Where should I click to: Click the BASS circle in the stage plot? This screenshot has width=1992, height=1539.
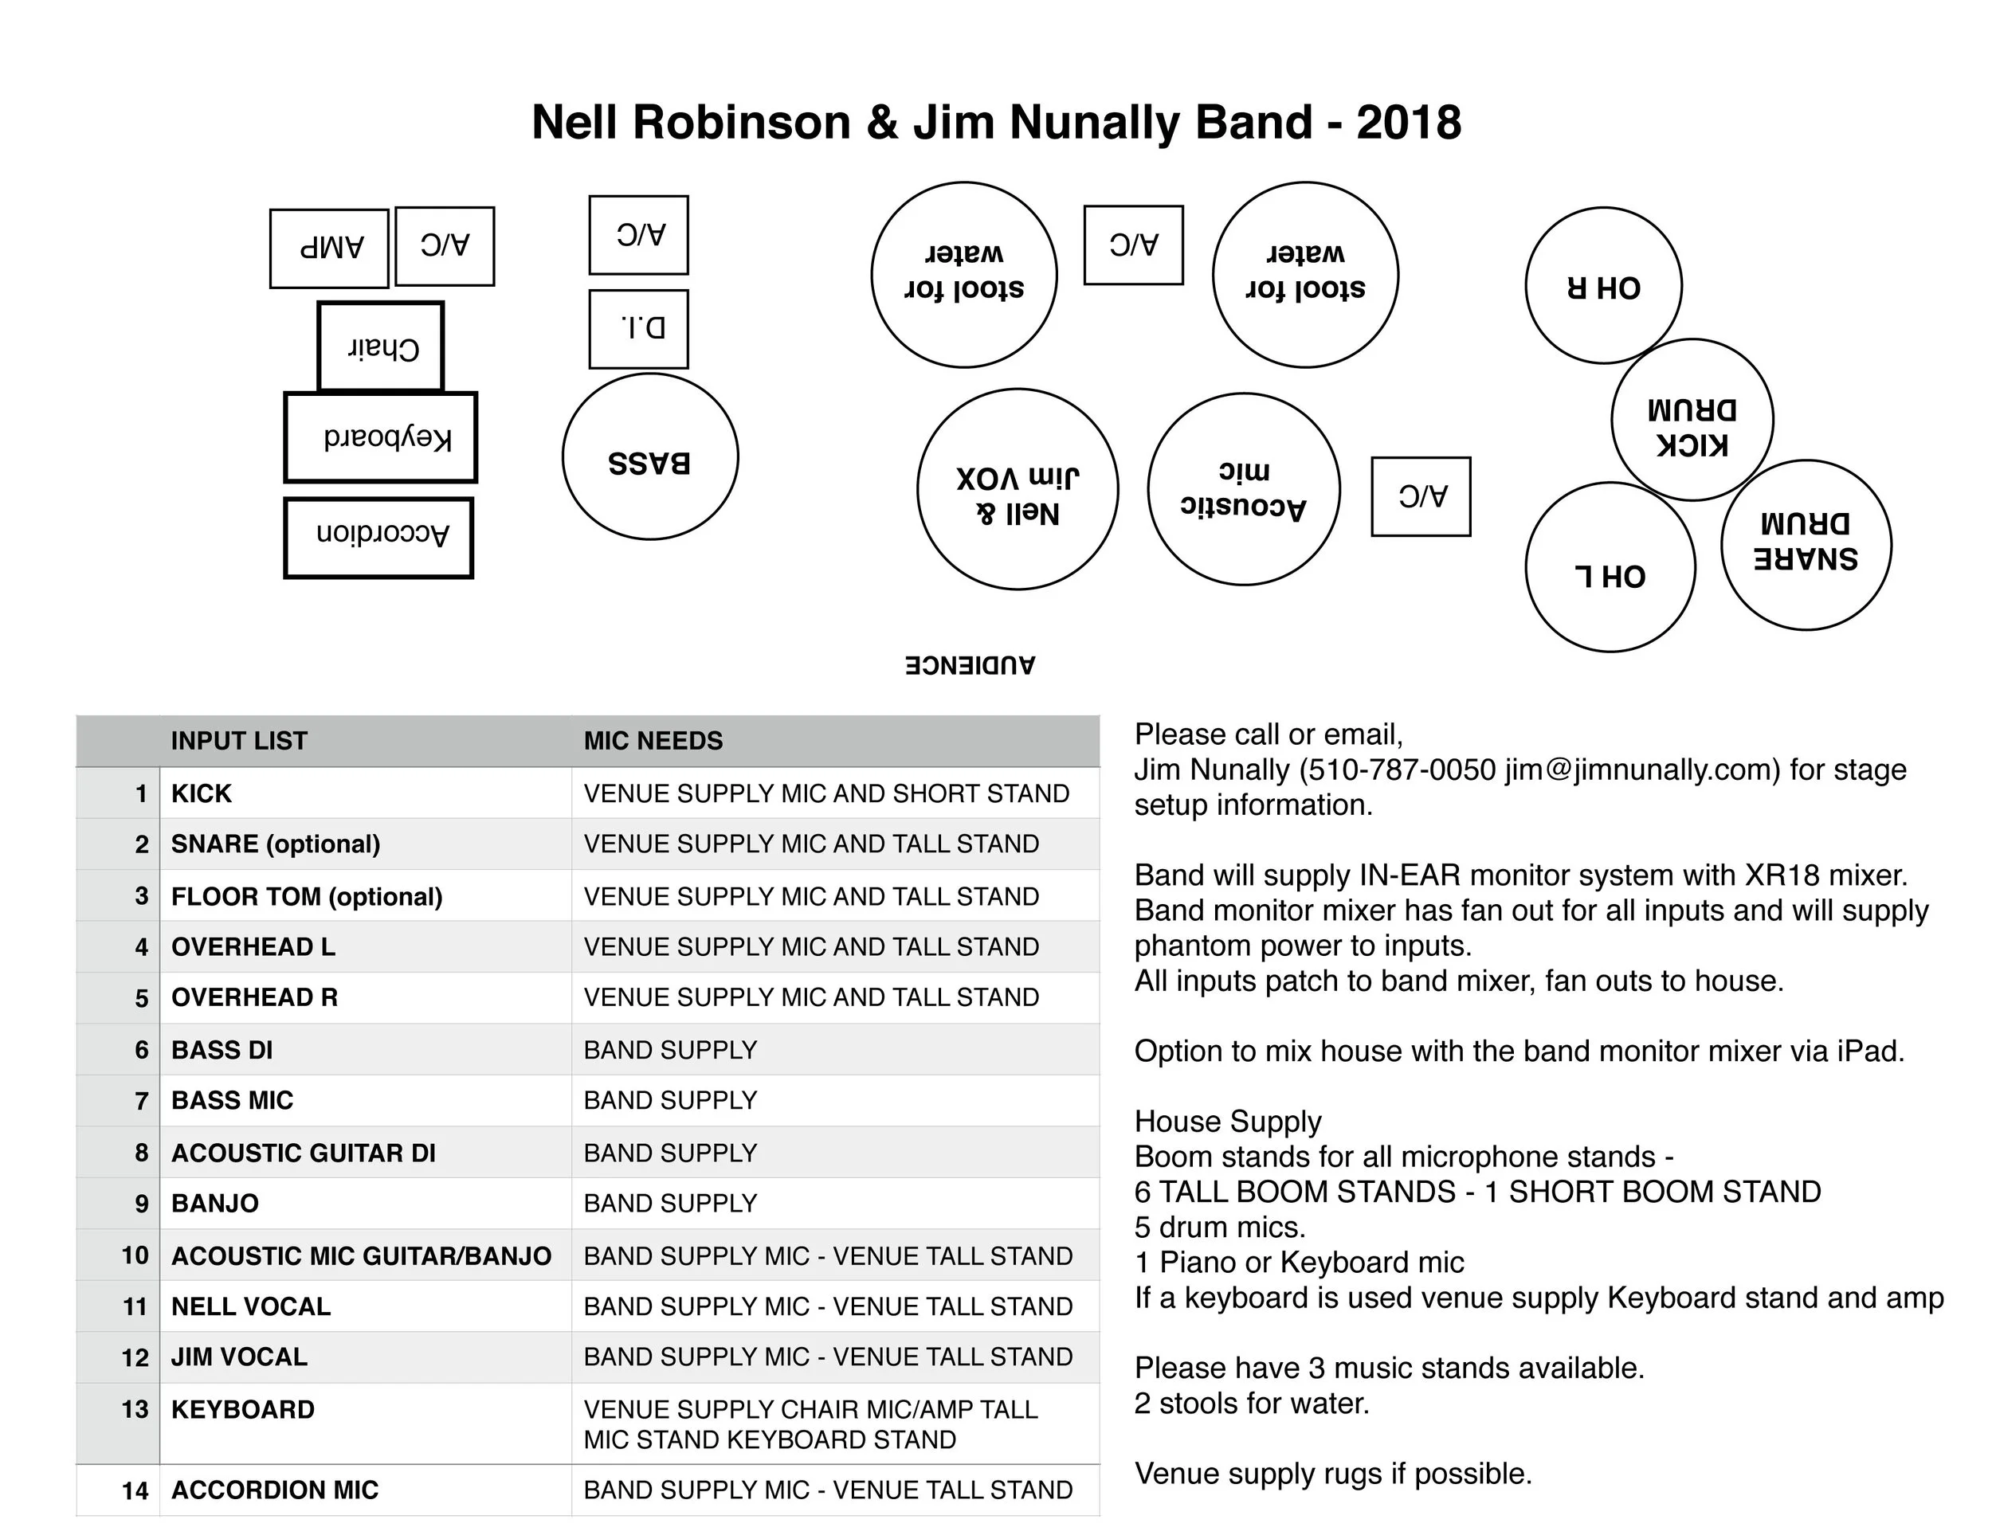(649, 456)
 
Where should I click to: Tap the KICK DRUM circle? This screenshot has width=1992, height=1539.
(1692, 421)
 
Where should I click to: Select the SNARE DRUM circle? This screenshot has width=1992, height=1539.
(1805, 545)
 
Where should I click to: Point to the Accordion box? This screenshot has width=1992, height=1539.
(378, 537)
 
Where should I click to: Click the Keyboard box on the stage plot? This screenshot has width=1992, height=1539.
(380, 437)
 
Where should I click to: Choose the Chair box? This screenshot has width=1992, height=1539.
(380, 347)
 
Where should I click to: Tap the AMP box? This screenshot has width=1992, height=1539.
(329, 248)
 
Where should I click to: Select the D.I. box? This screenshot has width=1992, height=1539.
(638, 329)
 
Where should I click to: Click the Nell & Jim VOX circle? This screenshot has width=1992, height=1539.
(1017, 490)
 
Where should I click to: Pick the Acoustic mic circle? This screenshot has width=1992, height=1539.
(1243, 490)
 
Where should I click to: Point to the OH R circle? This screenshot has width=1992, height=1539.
(1602, 285)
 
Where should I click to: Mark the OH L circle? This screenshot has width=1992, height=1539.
(1610, 567)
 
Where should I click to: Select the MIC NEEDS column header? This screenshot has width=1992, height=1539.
(653, 740)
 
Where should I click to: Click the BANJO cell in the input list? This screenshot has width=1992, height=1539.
(215, 1204)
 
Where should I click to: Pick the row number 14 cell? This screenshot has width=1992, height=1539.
(135, 1490)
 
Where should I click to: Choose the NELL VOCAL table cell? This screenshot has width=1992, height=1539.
(251, 1306)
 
